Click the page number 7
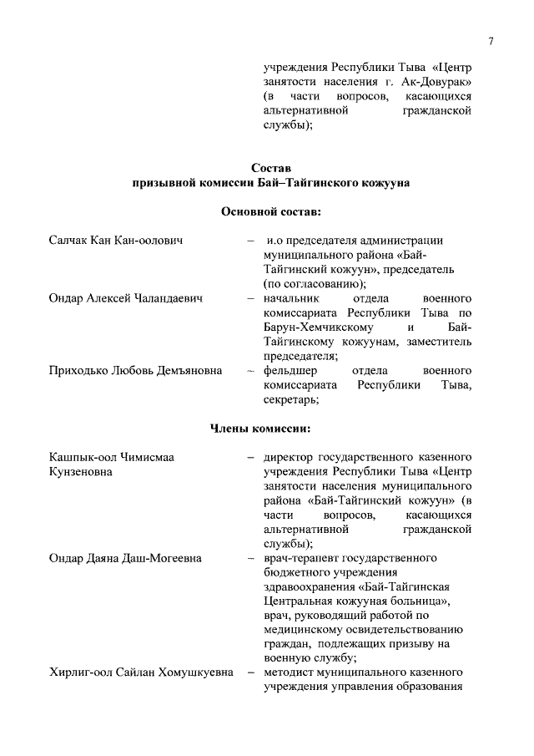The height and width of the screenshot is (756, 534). (491, 41)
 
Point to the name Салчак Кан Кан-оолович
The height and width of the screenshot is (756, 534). (116, 241)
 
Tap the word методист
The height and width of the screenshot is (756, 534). (289, 672)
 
